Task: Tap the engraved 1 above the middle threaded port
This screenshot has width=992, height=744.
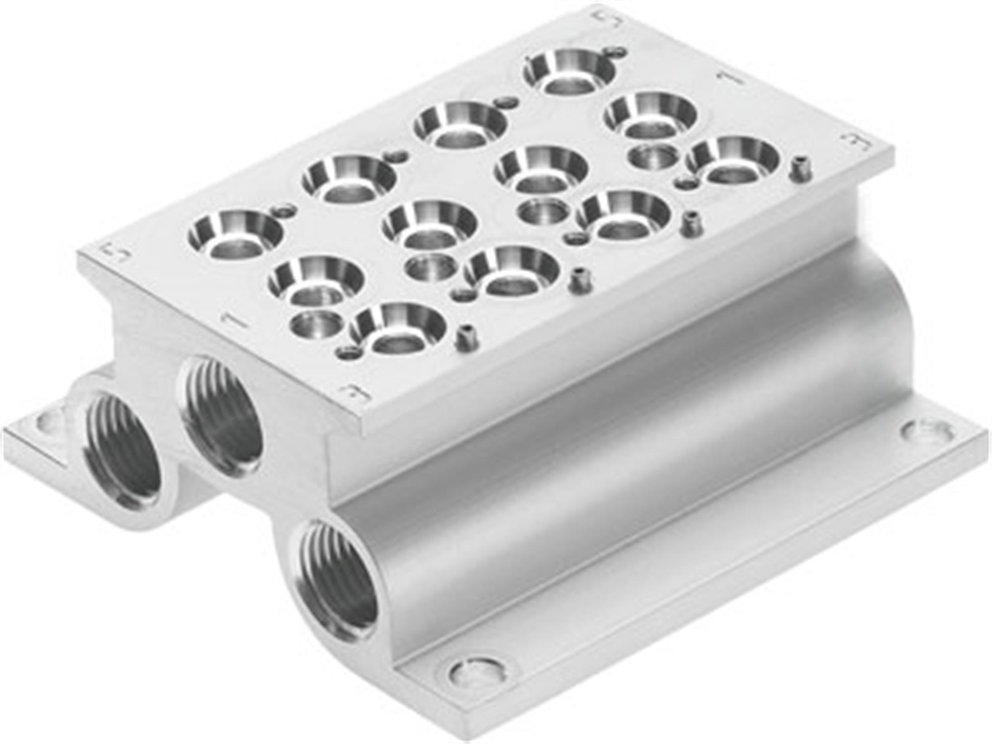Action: (232, 320)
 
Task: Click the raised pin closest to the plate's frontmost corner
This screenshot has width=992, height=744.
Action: (464, 337)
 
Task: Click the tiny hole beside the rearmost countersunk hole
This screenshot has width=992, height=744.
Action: (617, 51)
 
